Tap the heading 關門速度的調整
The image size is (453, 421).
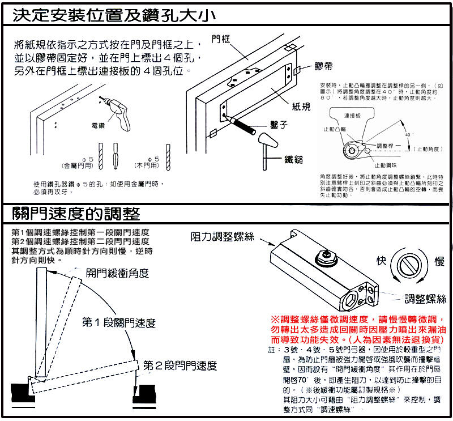76,214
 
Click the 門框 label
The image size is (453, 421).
221,39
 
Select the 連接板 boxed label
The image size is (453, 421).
353,115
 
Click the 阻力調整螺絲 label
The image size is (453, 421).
222,237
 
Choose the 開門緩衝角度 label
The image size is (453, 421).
117,273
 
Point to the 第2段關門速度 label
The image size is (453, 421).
180,365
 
